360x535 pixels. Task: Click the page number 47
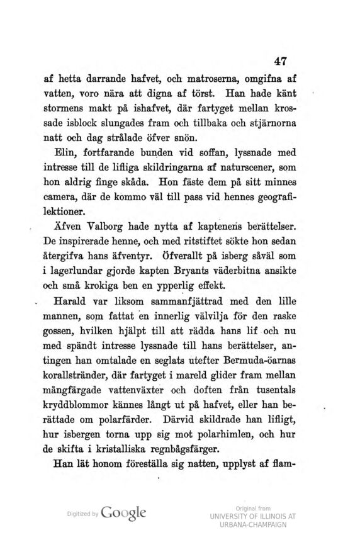pos(281,60)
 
